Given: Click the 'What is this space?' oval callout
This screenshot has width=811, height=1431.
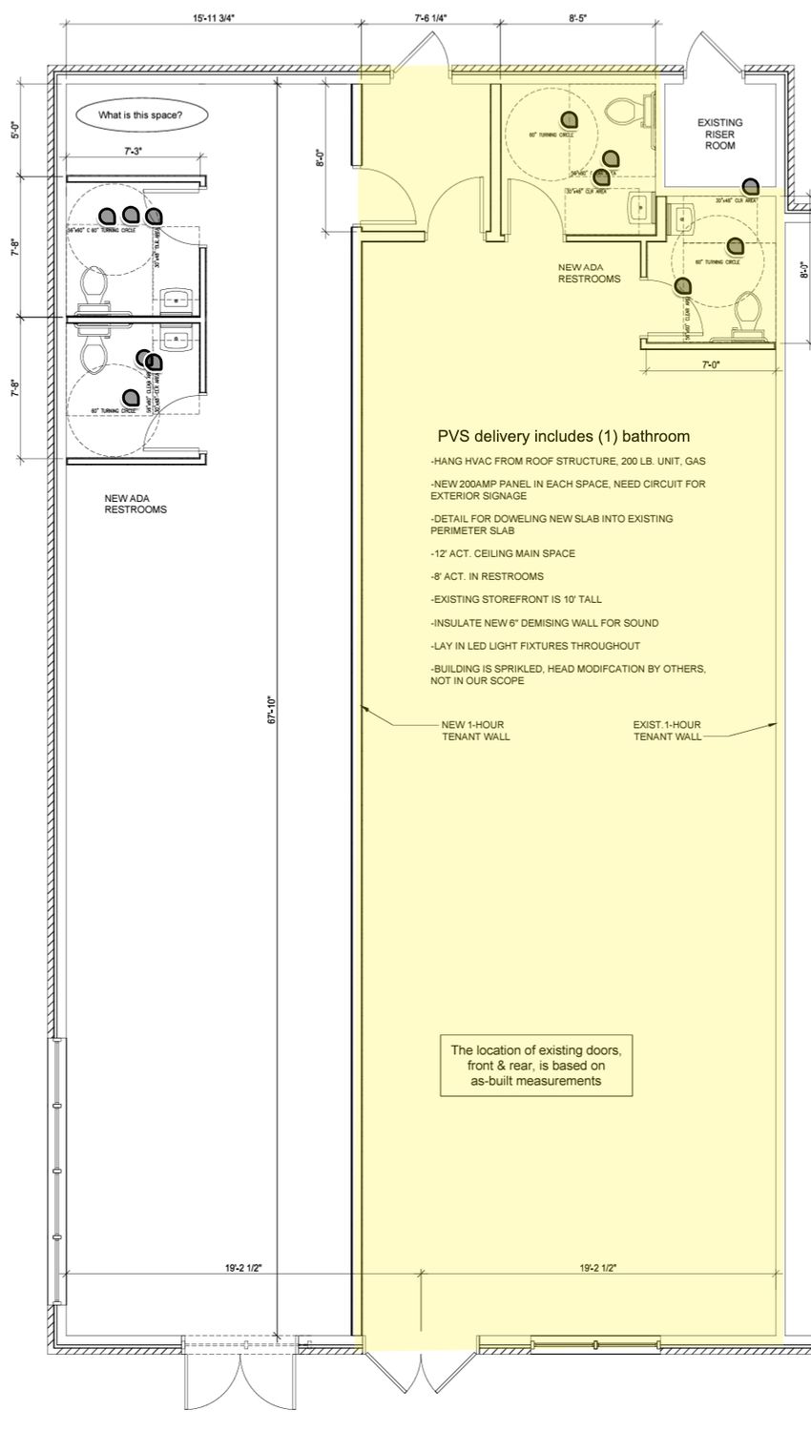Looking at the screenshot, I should (x=140, y=115).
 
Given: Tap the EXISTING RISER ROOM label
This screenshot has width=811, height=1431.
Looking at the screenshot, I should (x=719, y=134).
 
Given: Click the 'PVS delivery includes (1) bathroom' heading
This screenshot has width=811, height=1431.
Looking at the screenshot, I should (x=563, y=437).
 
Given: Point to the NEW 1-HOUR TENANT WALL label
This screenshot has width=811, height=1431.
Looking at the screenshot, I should (x=475, y=730).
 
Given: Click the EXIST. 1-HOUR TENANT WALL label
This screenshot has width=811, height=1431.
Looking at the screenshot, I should (x=667, y=730).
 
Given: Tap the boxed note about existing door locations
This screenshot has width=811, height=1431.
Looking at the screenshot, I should (x=536, y=1066).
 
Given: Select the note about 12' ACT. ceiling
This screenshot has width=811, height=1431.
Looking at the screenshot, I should (x=503, y=553).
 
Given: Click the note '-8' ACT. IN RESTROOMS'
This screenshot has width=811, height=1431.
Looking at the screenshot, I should (x=487, y=576).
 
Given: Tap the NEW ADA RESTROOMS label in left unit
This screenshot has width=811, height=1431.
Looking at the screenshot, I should (x=135, y=504).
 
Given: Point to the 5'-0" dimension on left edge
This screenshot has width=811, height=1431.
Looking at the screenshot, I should (x=14, y=130).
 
